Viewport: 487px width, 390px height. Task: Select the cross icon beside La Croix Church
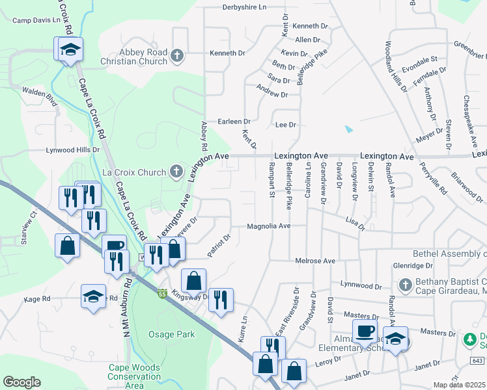[x=175, y=172]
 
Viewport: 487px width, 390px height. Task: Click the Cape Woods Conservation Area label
[x=134, y=376]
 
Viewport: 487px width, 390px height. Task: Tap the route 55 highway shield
[x=161, y=294]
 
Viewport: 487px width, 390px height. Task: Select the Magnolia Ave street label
[x=268, y=226]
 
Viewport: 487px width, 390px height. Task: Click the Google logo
[x=21, y=382]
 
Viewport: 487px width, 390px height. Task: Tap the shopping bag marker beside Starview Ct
[x=67, y=246]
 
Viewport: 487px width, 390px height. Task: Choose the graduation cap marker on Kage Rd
[x=93, y=296]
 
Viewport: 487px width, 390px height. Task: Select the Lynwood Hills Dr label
[x=72, y=149]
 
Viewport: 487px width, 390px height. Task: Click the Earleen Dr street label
[x=234, y=122]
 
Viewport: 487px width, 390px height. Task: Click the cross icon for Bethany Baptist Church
[x=404, y=285]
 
